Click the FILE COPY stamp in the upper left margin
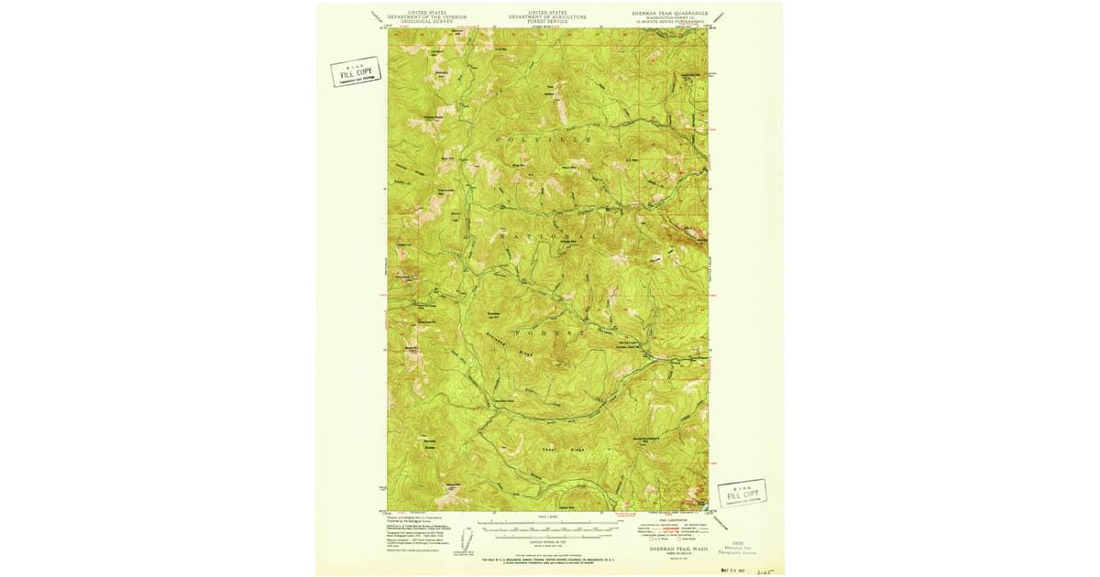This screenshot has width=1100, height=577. click(356, 71)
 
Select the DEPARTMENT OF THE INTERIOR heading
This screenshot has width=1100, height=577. click(426, 17)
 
